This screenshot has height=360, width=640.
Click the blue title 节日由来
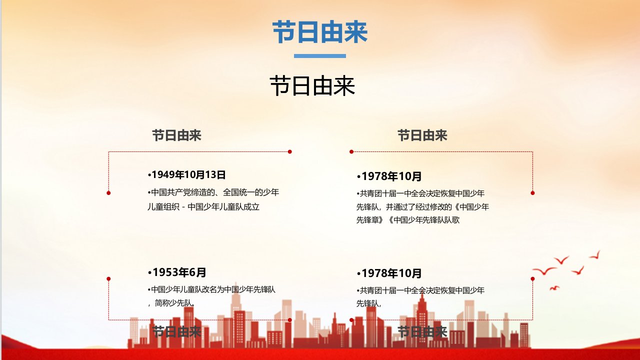coord(319,32)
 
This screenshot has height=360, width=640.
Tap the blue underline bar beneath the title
coord(319,56)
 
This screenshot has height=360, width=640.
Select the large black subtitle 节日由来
coord(312,85)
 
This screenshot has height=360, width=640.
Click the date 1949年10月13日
coord(187,174)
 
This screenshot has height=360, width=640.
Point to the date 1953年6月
coord(177,272)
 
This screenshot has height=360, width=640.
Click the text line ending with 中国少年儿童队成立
coord(203,206)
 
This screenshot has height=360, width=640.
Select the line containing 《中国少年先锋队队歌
coord(408,219)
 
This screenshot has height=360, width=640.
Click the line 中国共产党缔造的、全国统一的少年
coord(213,192)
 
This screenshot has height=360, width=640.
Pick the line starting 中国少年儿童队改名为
coord(211,289)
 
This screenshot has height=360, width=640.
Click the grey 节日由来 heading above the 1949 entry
coord(176,135)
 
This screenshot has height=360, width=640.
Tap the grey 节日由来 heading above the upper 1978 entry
coord(422,135)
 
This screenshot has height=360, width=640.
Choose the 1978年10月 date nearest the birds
coord(389,273)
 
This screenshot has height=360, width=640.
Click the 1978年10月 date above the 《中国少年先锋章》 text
coord(389,176)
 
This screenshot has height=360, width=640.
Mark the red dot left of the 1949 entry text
coord(108,193)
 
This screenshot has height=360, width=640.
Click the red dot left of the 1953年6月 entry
coord(108,278)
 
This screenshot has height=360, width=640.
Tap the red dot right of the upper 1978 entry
coord(532,193)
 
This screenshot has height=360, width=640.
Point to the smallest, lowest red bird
coord(554,288)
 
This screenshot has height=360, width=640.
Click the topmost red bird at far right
coord(595,255)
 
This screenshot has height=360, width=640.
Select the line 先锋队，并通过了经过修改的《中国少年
coord(423,206)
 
